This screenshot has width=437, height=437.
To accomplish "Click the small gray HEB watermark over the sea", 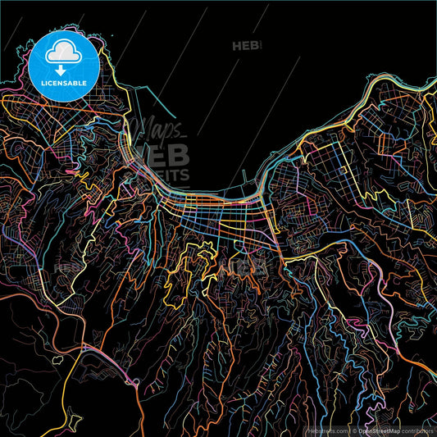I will point(245,46).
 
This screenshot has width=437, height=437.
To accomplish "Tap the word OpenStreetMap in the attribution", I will point(378,430).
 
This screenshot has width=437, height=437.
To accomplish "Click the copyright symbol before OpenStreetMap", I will point(353,430).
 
